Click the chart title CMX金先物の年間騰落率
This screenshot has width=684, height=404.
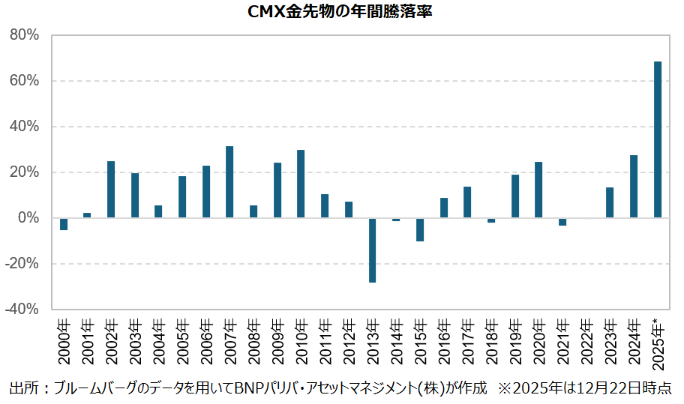(x=341, y=13)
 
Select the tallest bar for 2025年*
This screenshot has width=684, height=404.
(x=658, y=139)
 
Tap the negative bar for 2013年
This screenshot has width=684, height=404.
(x=372, y=250)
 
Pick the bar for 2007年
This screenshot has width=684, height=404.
(x=229, y=182)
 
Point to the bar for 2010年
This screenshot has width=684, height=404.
(x=301, y=184)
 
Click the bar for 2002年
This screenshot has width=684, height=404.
(x=111, y=190)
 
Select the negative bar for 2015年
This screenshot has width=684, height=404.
(x=420, y=229)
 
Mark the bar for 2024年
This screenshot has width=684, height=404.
(x=634, y=187)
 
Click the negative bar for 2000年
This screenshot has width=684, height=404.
(x=64, y=223)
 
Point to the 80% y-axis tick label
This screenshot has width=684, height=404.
(x=24, y=35)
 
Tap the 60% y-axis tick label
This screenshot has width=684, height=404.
(x=24, y=81)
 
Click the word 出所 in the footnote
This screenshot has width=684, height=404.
(x=22, y=388)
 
